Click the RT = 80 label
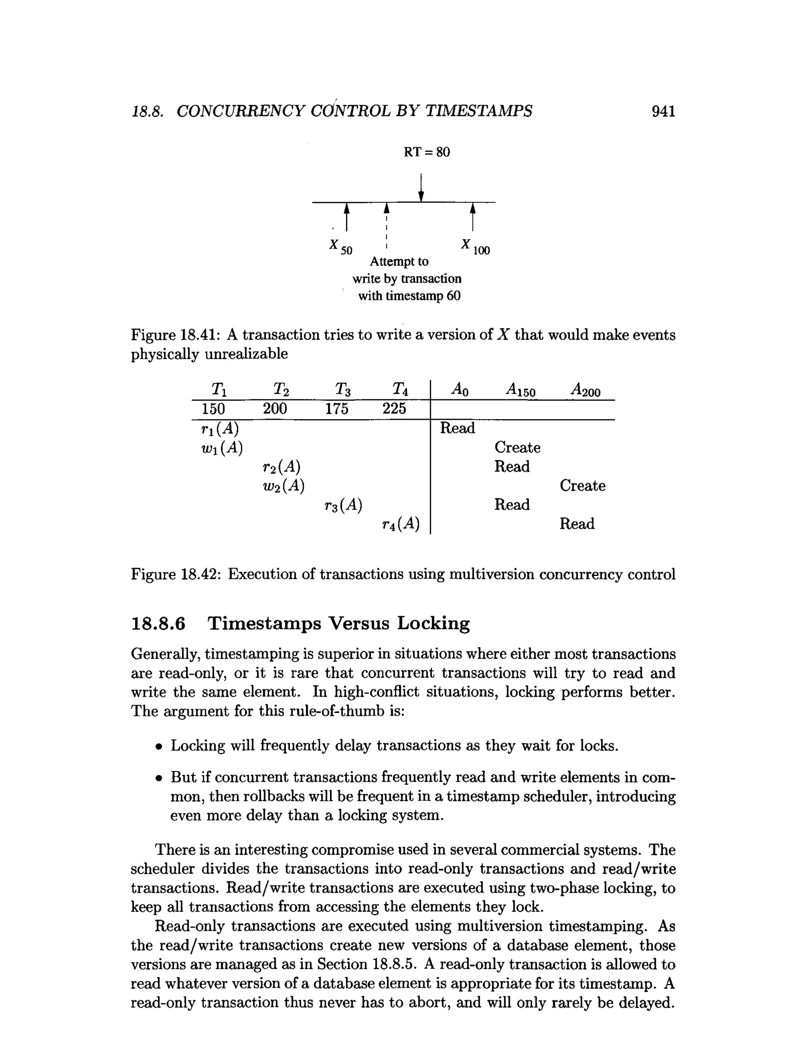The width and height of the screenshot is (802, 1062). [x=426, y=152]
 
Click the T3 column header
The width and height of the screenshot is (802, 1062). [x=342, y=389]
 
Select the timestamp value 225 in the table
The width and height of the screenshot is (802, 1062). [x=394, y=409]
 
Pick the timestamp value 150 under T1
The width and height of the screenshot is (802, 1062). [x=213, y=409]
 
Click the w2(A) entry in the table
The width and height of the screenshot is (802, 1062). [x=284, y=486]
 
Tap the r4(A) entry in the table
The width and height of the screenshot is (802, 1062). [x=401, y=524]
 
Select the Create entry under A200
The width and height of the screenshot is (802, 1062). [x=582, y=486]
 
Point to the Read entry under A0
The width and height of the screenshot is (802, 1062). [x=457, y=428]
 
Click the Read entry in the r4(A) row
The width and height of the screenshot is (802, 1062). [x=577, y=524]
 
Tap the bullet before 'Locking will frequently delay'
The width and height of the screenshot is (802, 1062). [x=158, y=747]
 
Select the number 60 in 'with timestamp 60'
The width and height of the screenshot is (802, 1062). [x=453, y=296]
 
